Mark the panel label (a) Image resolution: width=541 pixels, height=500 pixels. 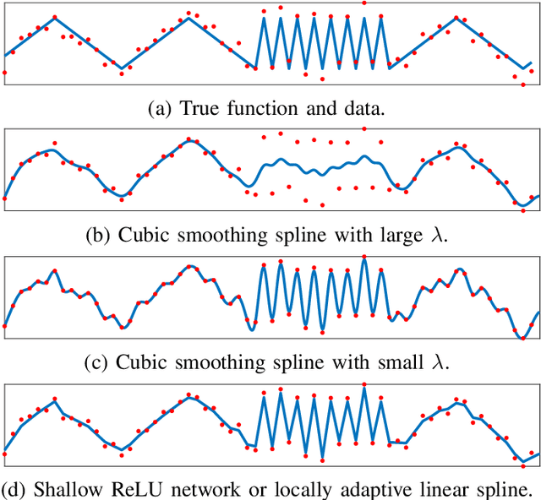[x=158, y=108]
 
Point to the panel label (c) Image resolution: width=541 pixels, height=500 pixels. [x=99, y=363]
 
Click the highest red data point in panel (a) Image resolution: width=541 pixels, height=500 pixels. [x=364, y=3]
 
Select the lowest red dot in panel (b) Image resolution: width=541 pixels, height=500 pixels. [x=322, y=205]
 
